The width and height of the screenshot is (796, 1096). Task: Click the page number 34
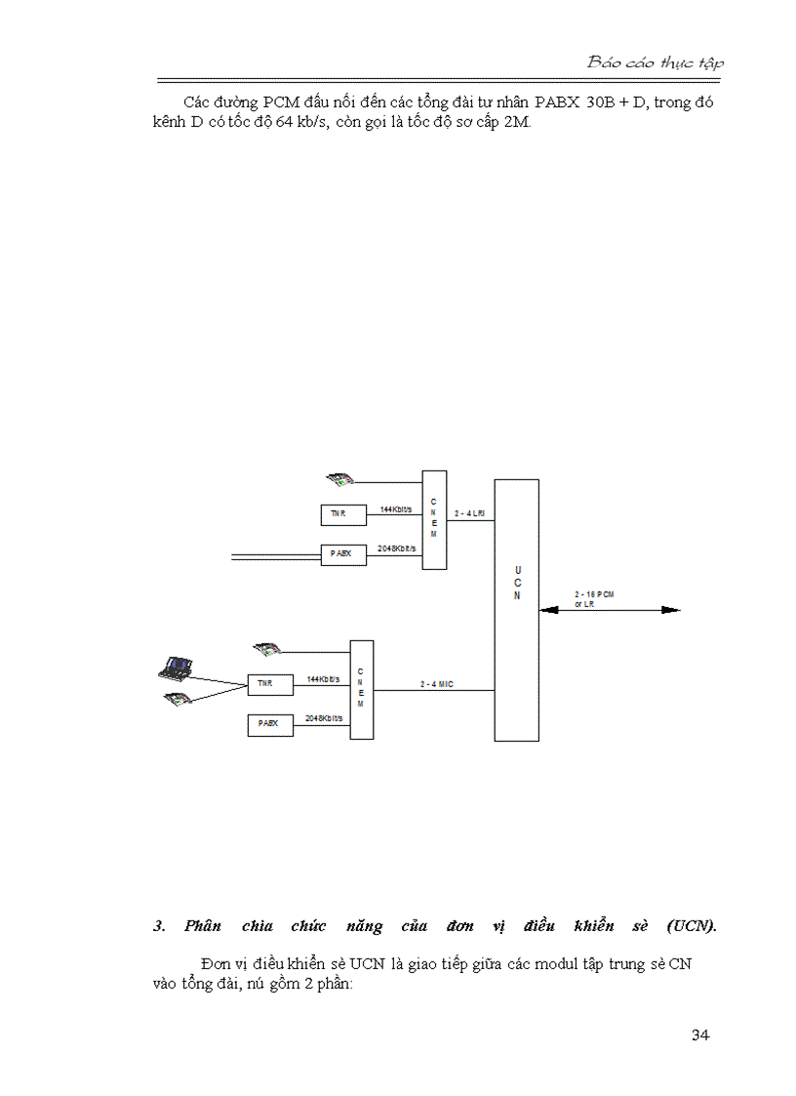click(x=700, y=1035)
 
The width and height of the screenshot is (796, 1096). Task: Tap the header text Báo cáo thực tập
click(x=655, y=62)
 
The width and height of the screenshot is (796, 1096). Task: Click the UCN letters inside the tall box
click(x=517, y=583)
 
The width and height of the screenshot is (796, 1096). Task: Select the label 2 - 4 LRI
click(x=469, y=513)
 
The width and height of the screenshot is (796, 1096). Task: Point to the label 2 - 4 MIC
click(x=437, y=684)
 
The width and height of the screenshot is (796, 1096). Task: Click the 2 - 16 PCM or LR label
click(x=594, y=599)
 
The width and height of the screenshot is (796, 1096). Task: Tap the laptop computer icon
click(x=175, y=669)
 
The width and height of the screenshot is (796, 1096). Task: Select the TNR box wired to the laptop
click(x=270, y=684)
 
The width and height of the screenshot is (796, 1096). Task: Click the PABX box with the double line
click(x=343, y=554)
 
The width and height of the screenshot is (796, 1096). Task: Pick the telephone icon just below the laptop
click(x=178, y=698)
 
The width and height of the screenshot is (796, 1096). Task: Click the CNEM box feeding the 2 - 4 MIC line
click(x=361, y=689)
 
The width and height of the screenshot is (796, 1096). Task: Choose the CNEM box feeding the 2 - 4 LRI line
click(x=434, y=519)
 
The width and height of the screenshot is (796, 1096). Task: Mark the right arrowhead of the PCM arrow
click(x=671, y=610)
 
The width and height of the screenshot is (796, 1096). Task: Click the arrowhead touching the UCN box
click(x=548, y=610)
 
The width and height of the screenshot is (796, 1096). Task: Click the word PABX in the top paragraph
click(x=557, y=102)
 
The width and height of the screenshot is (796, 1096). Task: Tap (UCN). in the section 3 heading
click(x=692, y=926)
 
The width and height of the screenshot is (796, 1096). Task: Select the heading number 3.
click(x=159, y=926)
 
